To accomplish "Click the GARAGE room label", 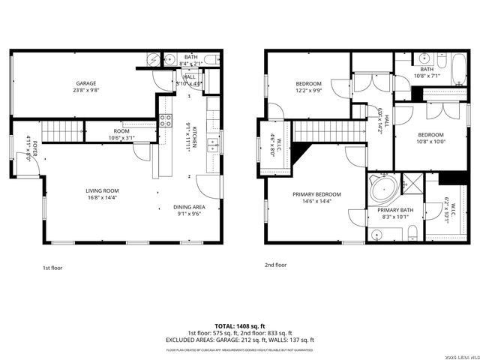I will click(x=85, y=83).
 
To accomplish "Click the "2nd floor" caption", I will click(x=275, y=265).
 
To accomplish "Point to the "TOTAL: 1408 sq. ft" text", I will click(x=240, y=326).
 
